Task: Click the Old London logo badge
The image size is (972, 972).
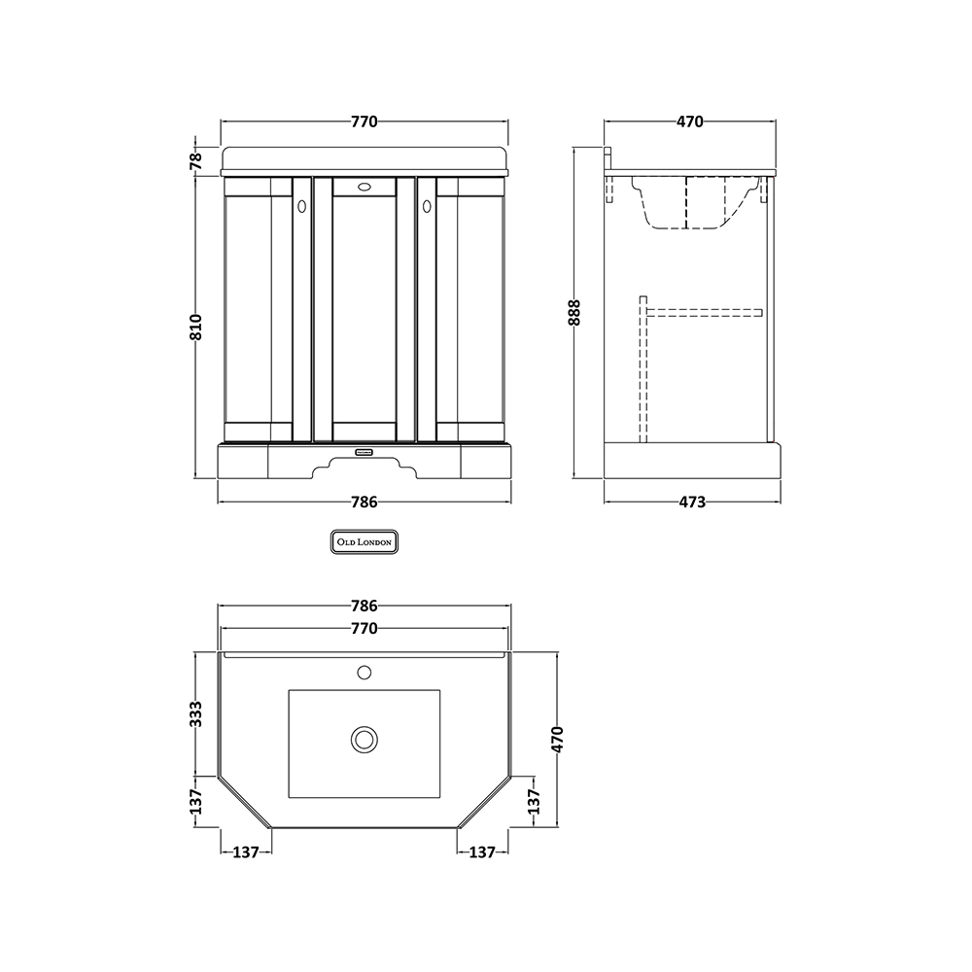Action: point(364,541)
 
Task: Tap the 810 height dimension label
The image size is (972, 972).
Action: point(195,327)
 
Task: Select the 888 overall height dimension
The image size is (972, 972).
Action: point(574,312)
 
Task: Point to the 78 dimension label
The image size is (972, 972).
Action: point(195,160)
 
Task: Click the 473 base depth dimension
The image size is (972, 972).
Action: point(692,502)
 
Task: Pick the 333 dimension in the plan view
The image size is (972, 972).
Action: point(195,713)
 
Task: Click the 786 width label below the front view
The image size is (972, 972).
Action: point(364,502)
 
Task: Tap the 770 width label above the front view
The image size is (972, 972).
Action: point(364,121)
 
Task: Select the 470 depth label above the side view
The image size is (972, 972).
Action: point(689,121)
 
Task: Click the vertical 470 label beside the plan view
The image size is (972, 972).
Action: point(557,739)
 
